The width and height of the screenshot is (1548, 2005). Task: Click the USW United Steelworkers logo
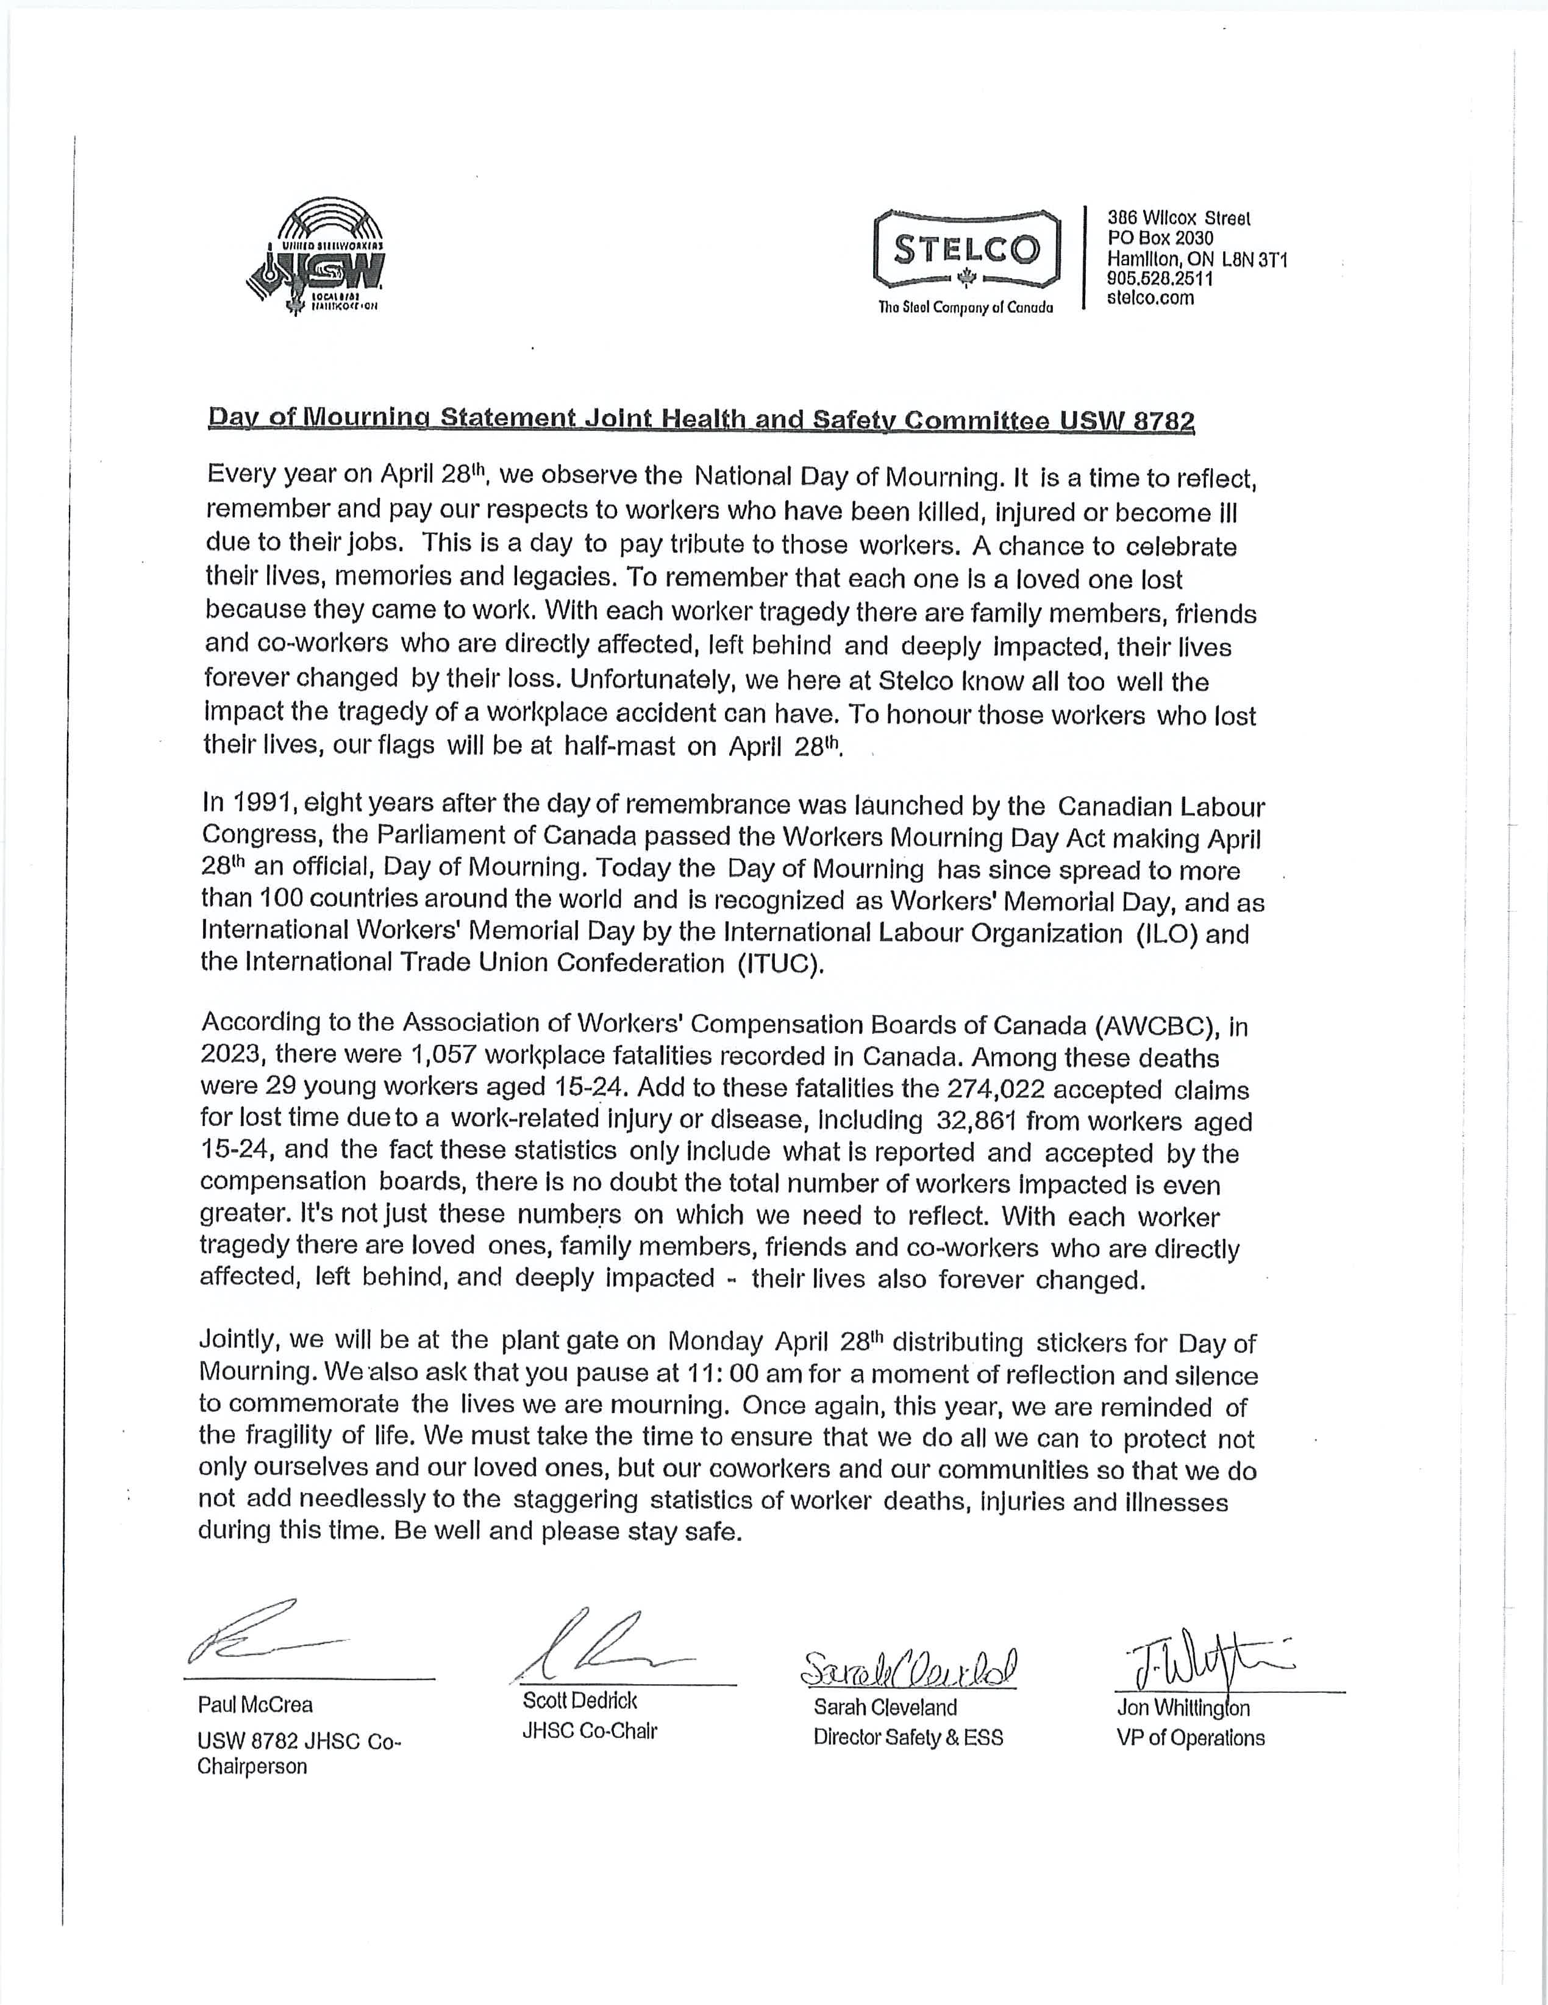tap(317, 259)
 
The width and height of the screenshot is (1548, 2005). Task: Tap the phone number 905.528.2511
tap(1160, 278)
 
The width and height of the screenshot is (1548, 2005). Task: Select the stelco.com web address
tap(1150, 297)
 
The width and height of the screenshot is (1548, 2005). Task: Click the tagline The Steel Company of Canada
tap(966, 307)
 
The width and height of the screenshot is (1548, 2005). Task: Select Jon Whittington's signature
tap(1203, 1660)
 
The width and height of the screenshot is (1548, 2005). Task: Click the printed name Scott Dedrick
tap(579, 1700)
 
